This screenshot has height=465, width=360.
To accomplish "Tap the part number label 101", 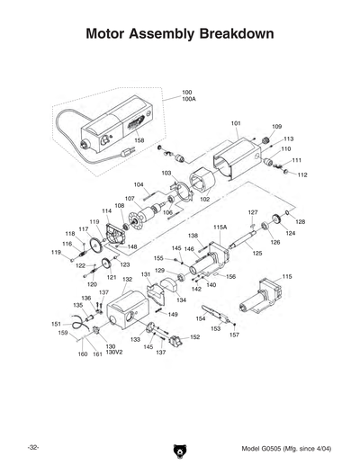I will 236,122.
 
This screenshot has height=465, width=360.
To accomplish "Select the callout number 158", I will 139,140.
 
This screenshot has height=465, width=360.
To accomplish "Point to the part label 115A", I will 220,228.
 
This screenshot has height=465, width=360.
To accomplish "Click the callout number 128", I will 301,220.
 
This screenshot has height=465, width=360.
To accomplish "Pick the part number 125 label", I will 256,254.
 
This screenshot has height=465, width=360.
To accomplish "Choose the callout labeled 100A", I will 189,99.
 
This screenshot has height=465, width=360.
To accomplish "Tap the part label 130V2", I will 112,353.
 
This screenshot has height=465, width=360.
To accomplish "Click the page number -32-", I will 32,447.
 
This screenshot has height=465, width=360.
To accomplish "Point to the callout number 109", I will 276,127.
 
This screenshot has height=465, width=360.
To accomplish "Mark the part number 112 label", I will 302,174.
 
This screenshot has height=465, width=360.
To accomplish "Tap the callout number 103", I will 166,172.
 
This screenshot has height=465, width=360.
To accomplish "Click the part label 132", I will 128,280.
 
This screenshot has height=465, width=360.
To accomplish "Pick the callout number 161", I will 97,355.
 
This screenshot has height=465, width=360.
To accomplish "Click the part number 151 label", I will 55,324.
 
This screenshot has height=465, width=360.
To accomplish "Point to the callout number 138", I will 193,236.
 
